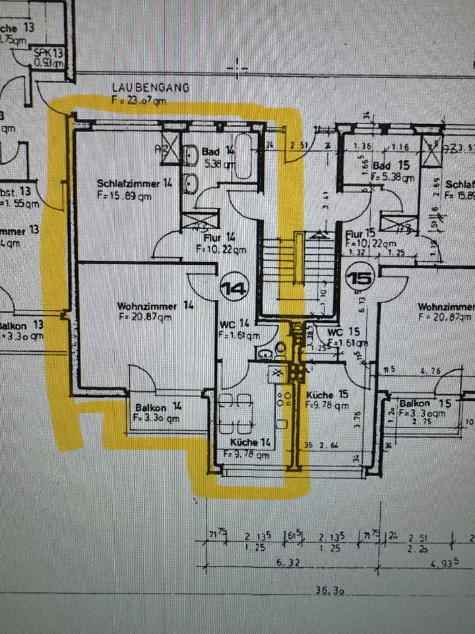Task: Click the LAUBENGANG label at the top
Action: click(x=150, y=87)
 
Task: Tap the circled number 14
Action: click(x=232, y=288)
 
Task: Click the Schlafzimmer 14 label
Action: click(x=134, y=184)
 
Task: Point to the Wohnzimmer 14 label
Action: click(x=156, y=306)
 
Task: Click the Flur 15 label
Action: click(x=360, y=233)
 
